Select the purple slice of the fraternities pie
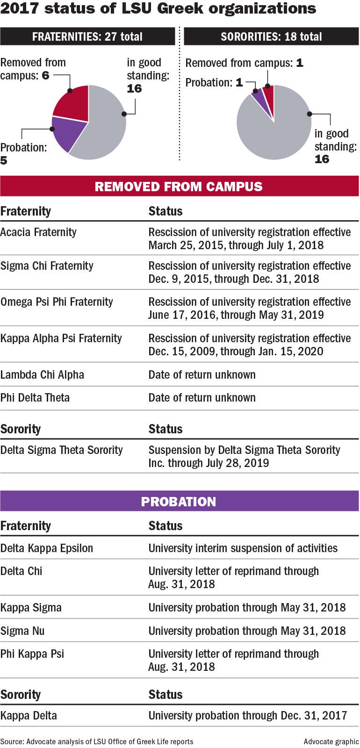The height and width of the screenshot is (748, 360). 68,133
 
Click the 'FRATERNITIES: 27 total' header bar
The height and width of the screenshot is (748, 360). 87,36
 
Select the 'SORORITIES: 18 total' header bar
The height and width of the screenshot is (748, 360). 271,36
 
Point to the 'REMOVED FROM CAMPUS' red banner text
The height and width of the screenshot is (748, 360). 179,187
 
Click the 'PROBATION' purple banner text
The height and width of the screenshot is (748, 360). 179,502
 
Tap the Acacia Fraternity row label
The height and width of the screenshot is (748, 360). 38,232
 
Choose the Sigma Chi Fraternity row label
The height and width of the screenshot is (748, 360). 47,266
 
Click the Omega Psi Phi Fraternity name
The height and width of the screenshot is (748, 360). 57,302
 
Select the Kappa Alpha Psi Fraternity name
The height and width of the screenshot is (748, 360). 61,338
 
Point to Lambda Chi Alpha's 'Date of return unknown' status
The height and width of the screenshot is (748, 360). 202,375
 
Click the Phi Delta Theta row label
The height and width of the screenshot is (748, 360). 35,398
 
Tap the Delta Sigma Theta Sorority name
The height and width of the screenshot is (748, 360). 61,450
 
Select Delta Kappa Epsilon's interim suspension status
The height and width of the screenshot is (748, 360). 243,548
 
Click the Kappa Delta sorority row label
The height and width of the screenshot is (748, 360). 29,716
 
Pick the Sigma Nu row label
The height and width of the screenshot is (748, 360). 22,631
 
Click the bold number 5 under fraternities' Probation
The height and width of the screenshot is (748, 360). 4,161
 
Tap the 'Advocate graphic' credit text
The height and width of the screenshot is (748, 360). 331,741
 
